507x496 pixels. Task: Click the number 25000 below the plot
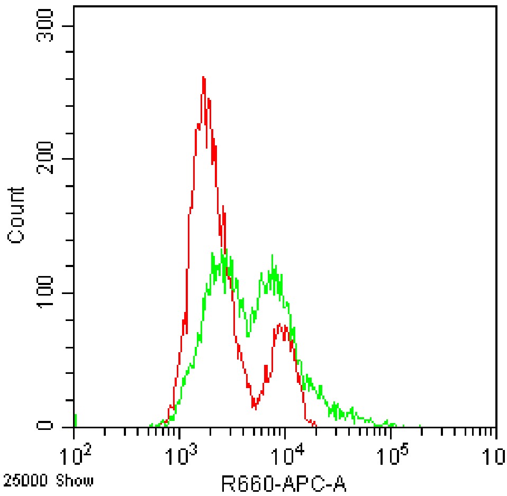[x=22, y=481]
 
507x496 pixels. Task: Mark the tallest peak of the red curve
[x=203, y=78]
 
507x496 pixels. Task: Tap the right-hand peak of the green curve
[x=272, y=256]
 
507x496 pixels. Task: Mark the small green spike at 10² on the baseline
[x=75, y=420]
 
